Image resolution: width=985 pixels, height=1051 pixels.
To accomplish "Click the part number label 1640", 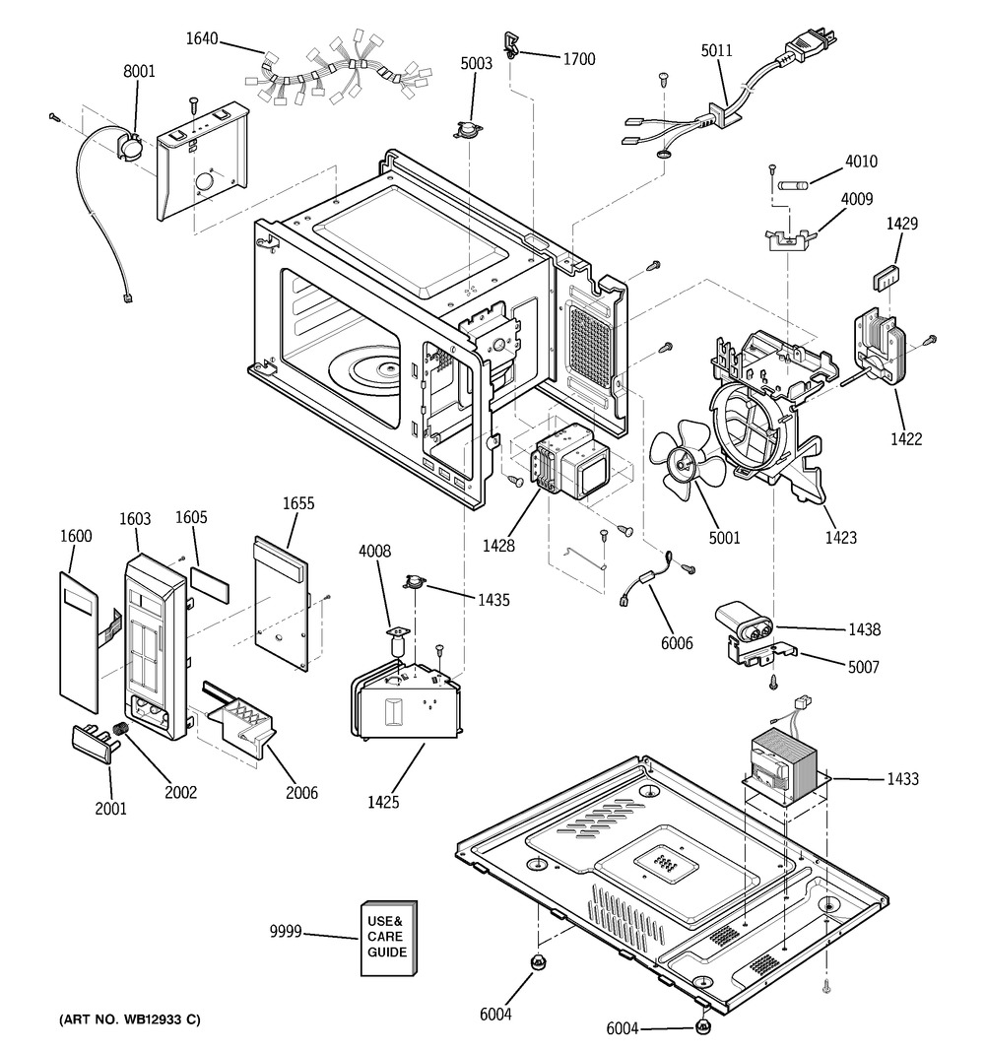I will (202, 40).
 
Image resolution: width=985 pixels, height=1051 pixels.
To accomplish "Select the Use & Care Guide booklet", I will (388, 939).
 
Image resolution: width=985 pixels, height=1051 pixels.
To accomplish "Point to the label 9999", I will (286, 932).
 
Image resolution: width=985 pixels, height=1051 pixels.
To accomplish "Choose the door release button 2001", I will (94, 740).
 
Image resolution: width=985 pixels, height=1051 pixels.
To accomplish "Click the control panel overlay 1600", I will (78, 640).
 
